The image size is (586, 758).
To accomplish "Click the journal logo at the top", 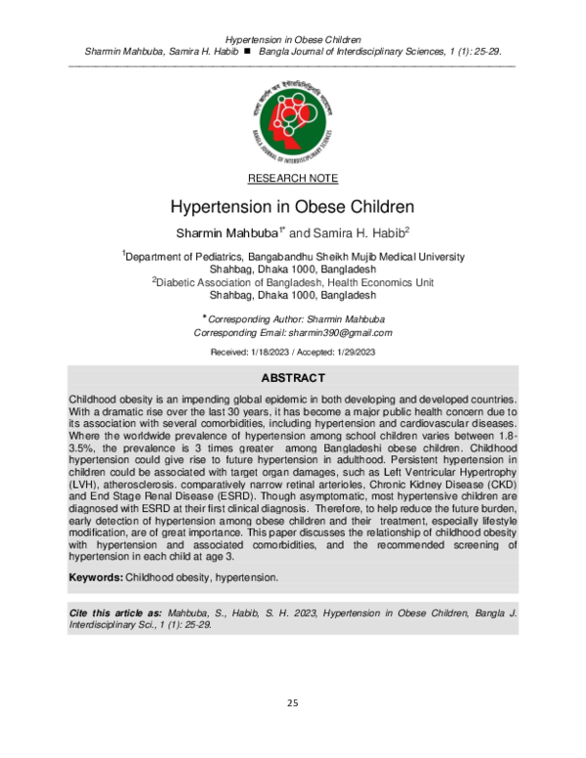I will (293, 116).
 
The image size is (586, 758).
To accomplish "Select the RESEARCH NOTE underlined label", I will (293, 178).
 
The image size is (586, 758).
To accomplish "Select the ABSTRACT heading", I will (293, 378).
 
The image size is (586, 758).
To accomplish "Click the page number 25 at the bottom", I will (293, 703).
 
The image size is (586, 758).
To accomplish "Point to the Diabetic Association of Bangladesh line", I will (293, 281).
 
